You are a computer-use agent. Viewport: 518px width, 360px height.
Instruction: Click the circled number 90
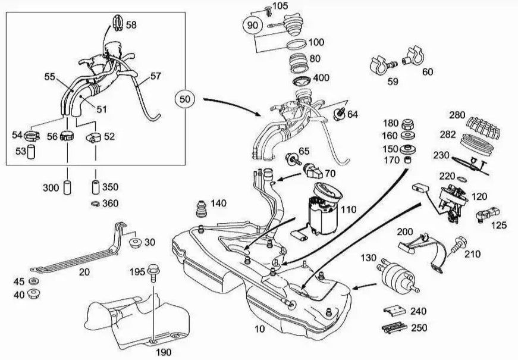(x=252, y=26)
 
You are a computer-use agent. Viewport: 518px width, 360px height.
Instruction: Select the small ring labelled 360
(x=95, y=204)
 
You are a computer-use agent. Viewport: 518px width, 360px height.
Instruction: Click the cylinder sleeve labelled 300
(x=68, y=187)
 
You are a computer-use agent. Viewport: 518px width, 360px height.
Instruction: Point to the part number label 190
(x=164, y=352)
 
